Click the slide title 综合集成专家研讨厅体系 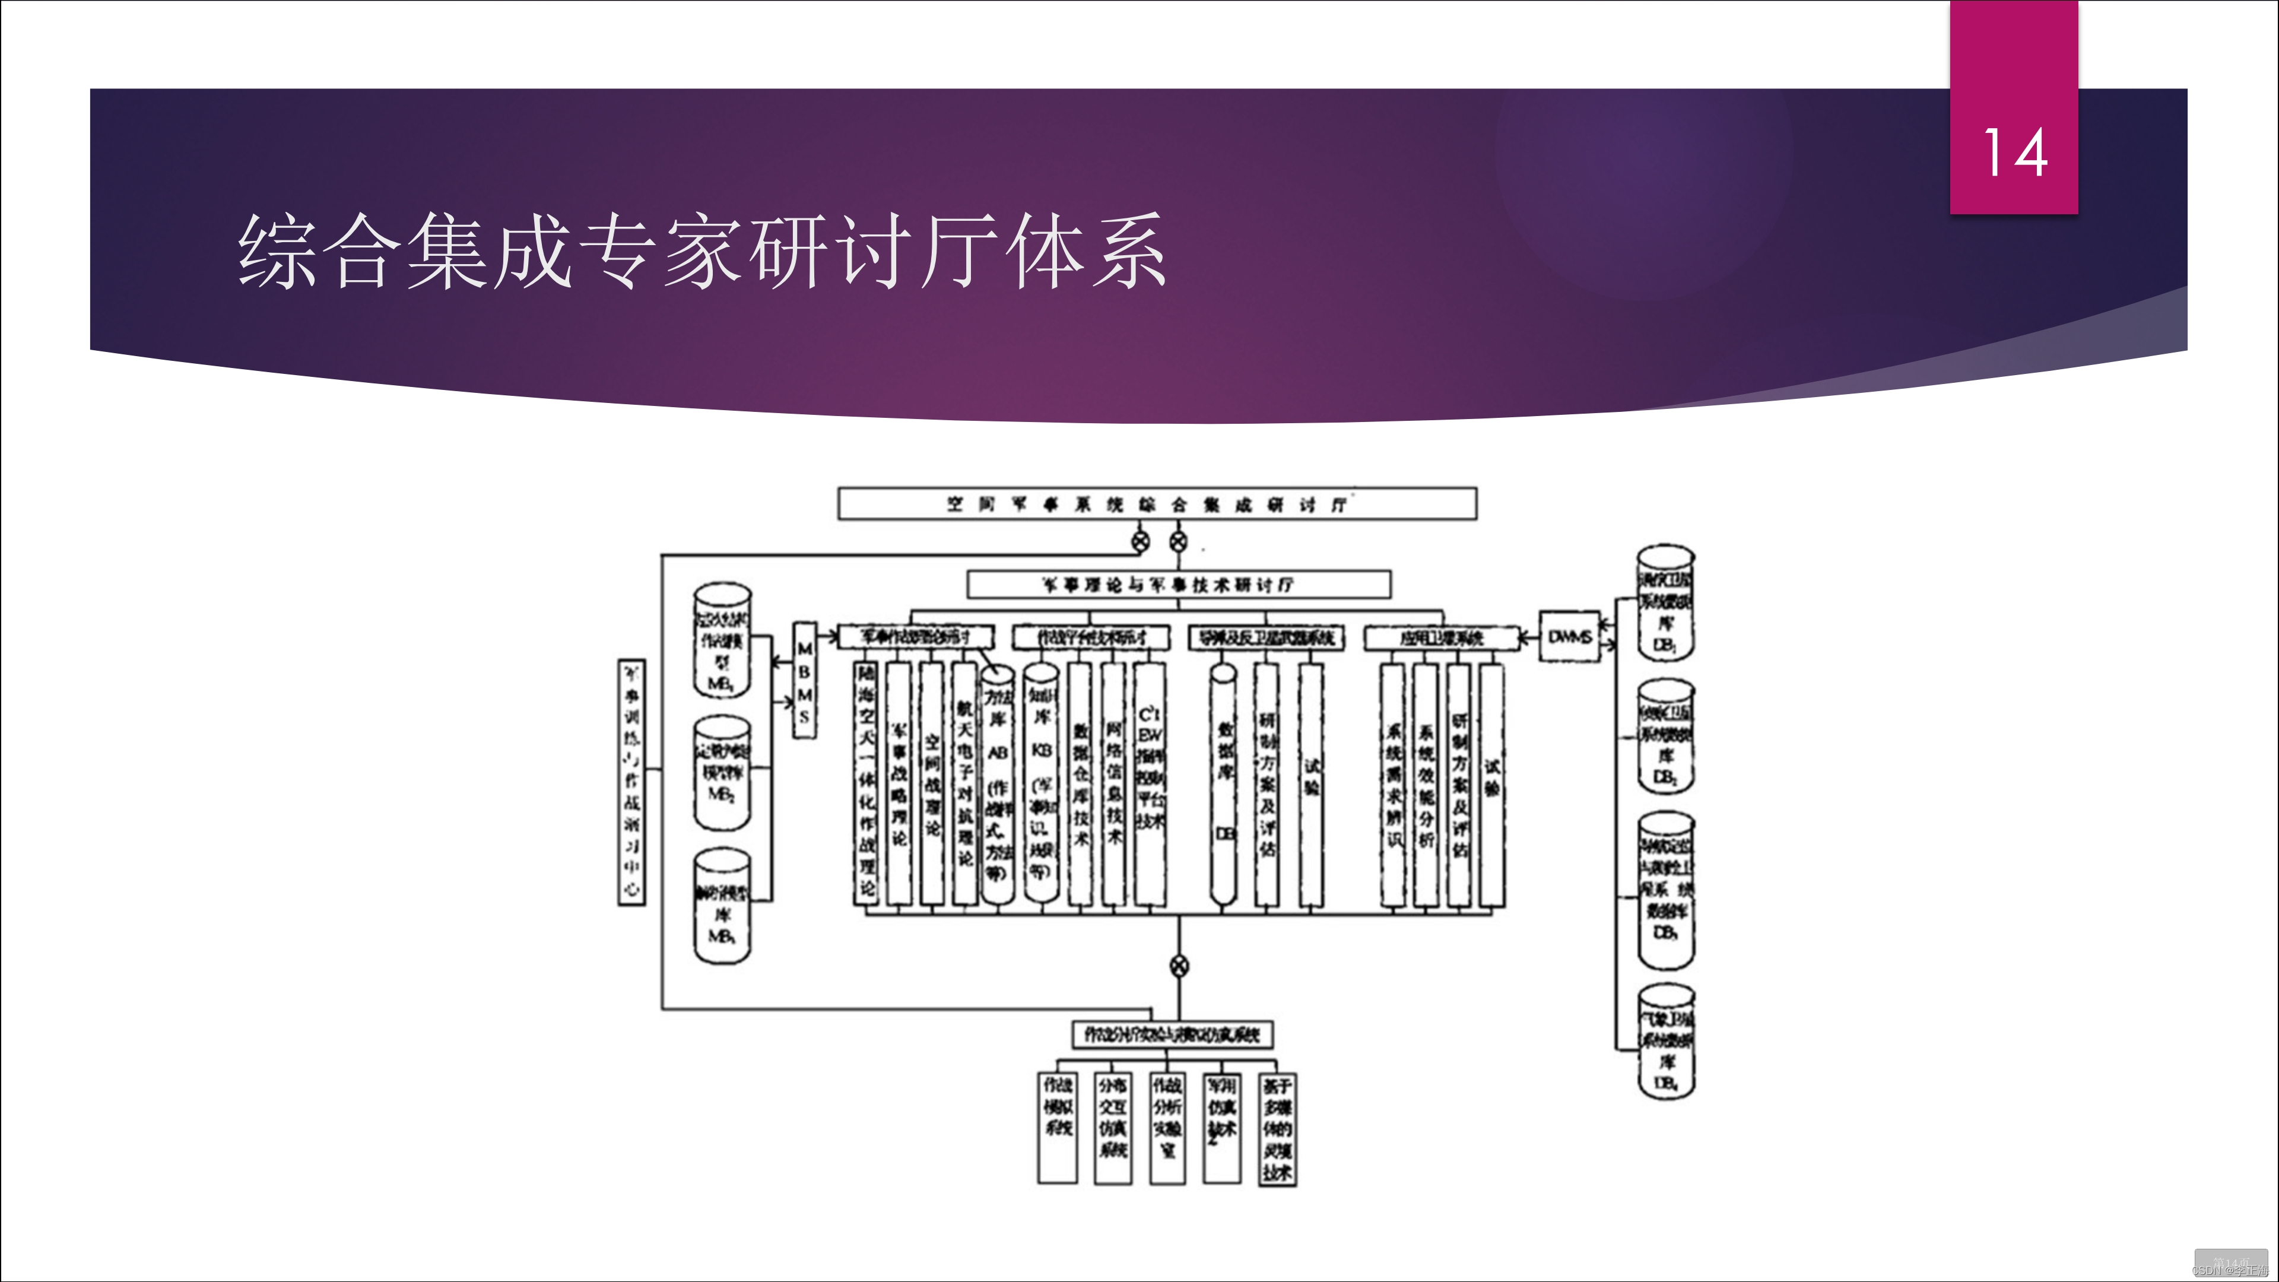pyautogui.click(x=702, y=250)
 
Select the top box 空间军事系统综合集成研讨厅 pyautogui.click(x=1156, y=503)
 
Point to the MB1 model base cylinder pyautogui.click(x=722, y=640)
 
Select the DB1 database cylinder pyautogui.click(x=1665, y=602)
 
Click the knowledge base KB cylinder pyautogui.click(x=1042, y=783)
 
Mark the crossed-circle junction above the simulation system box pyautogui.click(x=1179, y=965)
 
